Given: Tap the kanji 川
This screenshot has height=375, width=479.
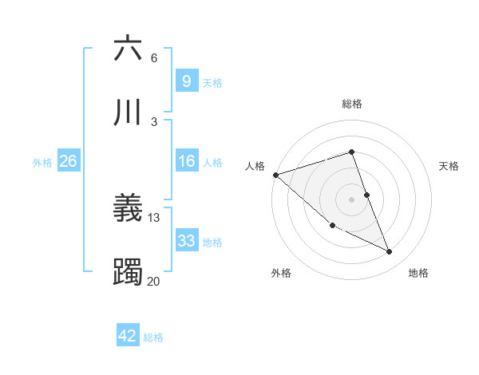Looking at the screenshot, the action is pyautogui.click(x=129, y=111).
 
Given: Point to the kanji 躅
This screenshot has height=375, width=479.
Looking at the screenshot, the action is pyautogui.click(x=129, y=272).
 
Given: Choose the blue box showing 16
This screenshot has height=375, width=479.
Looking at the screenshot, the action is pyautogui.click(x=186, y=161).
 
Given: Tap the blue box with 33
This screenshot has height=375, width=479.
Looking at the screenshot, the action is pyautogui.click(x=186, y=241).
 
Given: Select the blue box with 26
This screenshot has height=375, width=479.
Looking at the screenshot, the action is pyautogui.click(x=68, y=161).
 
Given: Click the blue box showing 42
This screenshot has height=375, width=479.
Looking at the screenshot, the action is pyautogui.click(x=128, y=336).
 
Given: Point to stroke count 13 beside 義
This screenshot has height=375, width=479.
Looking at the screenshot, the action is pyautogui.click(x=154, y=217).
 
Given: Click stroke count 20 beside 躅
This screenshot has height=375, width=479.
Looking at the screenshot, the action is pyautogui.click(x=154, y=281).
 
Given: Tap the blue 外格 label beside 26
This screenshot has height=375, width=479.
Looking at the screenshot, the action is pyautogui.click(x=42, y=162).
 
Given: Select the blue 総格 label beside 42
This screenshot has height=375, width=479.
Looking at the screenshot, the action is pyautogui.click(x=153, y=337).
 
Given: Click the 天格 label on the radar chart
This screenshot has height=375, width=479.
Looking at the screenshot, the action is pyautogui.click(x=449, y=166).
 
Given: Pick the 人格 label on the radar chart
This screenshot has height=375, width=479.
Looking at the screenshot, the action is pyautogui.click(x=255, y=166).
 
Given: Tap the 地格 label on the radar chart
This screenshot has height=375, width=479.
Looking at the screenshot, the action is pyautogui.click(x=418, y=274).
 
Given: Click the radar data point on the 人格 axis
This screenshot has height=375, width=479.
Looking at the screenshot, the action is pyautogui.click(x=275, y=175).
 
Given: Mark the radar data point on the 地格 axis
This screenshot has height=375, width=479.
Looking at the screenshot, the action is pyautogui.click(x=390, y=252).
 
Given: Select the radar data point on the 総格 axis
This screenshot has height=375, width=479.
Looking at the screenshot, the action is pyautogui.click(x=351, y=152).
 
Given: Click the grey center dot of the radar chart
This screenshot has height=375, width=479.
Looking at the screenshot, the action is pyautogui.click(x=351, y=199).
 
